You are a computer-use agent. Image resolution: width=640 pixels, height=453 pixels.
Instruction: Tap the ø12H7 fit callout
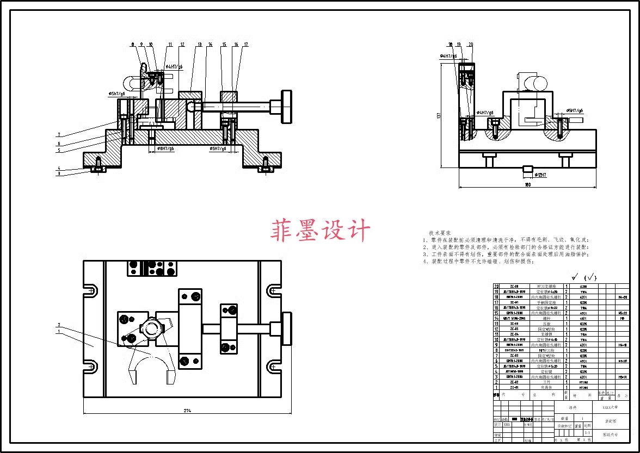click(x=541, y=175)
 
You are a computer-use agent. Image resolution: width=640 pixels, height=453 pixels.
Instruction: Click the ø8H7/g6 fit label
click(x=165, y=148)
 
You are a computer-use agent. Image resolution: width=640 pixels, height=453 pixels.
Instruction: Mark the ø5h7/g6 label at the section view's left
click(x=117, y=94)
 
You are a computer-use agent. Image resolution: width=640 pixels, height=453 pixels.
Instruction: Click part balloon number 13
click(x=200, y=44)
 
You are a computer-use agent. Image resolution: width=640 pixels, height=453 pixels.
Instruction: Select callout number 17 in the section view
click(x=246, y=44)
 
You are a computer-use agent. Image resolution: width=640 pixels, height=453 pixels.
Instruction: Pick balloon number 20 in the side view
click(x=470, y=44)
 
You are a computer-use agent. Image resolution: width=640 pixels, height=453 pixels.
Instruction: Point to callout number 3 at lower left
click(x=59, y=173)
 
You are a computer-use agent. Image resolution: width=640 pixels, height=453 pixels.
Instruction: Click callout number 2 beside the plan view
click(x=59, y=325)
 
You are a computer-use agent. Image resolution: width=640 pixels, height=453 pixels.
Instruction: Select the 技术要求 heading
click(x=440, y=232)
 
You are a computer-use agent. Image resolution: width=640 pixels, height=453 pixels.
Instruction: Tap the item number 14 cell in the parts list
click(x=496, y=318)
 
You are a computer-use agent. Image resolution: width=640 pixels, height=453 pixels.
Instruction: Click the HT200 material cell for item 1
click(x=583, y=388)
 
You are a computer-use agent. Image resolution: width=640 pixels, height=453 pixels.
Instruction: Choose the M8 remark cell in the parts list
click(x=622, y=318)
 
